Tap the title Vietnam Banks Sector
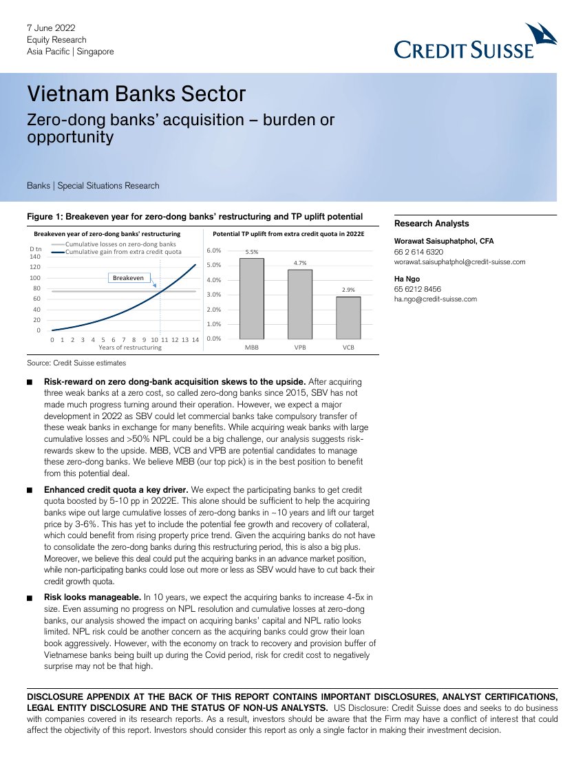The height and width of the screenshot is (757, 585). pyautogui.click(x=136, y=94)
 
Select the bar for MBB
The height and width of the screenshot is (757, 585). pyautogui.click(x=251, y=298)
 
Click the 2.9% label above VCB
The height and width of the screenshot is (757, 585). pyautogui.click(x=348, y=290)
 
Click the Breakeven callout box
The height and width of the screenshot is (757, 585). pyautogui.click(x=129, y=277)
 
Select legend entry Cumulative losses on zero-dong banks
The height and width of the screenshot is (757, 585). pyautogui.click(x=121, y=244)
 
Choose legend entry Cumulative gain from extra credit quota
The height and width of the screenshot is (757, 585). pyautogui.click(x=123, y=252)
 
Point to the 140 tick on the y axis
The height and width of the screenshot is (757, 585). pyautogui.click(x=35, y=256)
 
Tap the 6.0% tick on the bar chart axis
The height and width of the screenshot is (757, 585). pyautogui.click(x=213, y=250)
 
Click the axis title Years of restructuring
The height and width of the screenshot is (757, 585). pyautogui.click(x=130, y=348)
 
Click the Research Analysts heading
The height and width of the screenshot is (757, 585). pyautogui.click(x=431, y=224)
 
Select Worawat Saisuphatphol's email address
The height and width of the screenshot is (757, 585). pyautogui.click(x=460, y=262)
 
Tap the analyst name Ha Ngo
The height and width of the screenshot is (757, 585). pyautogui.click(x=407, y=279)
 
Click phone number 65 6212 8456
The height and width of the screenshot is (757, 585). pyautogui.click(x=418, y=290)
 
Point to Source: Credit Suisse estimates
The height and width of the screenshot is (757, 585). pyautogui.click(x=76, y=363)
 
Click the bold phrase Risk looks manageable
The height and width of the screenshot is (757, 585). pyautogui.click(x=92, y=597)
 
